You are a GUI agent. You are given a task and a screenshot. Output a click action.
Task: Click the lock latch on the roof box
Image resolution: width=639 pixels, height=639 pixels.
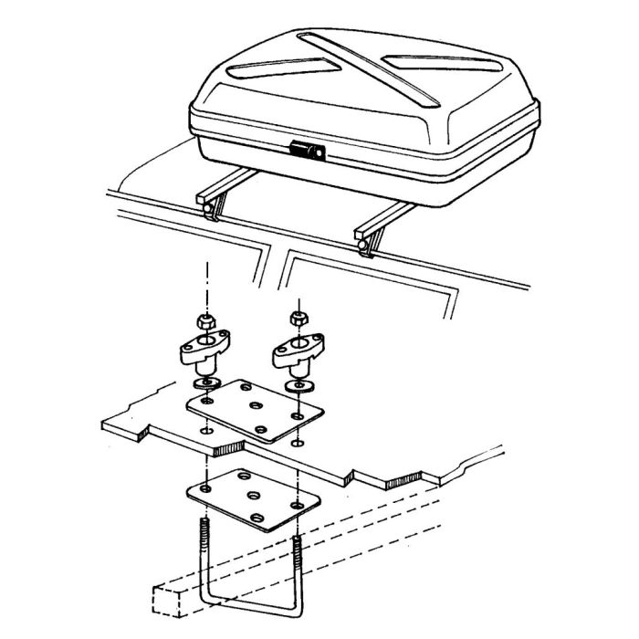[x=307, y=152]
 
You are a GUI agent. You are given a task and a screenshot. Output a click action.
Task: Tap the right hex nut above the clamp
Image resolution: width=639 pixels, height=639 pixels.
[x=297, y=319]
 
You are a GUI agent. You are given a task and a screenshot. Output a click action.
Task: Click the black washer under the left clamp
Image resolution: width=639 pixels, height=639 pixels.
[x=210, y=380]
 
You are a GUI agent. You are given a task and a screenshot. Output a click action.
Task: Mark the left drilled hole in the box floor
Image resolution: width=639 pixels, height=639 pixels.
[x=209, y=429]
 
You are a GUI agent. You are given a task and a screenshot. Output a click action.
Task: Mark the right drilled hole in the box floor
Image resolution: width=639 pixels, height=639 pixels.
[x=297, y=443]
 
